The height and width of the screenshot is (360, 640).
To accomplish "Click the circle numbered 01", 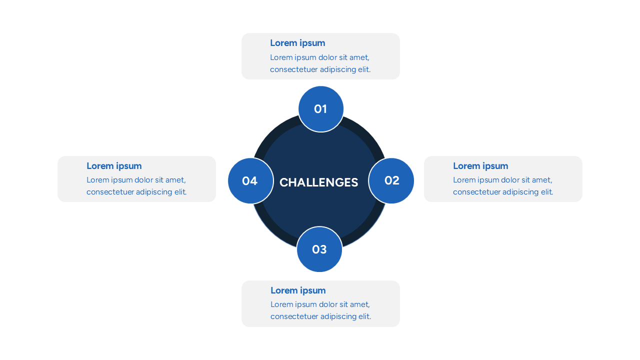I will click(x=320, y=109).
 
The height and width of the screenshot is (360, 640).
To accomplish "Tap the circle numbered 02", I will click(x=391, y=180).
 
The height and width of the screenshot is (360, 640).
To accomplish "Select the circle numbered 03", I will click(x=319, y=249).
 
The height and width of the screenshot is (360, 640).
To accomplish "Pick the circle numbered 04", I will click(x=250, y=181).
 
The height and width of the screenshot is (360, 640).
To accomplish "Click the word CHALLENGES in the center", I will click(x=318, y=182).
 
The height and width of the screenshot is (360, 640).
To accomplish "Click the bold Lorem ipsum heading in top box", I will click(x=297, y=43).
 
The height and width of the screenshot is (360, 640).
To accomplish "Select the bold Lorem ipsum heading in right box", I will click(x=480, y=166).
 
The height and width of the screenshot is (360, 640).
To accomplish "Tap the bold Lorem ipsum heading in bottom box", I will click(x=298, y=290).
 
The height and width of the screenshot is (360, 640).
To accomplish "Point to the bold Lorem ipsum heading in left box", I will click(x=114, y=166).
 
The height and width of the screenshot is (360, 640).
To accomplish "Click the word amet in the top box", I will click(x=359, y=57).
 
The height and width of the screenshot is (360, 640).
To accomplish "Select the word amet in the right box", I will click(x=542, y=180).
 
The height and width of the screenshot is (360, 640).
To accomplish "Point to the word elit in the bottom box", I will click(x=364, y=316).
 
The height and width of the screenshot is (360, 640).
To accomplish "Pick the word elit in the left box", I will click(x=180, y=192).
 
